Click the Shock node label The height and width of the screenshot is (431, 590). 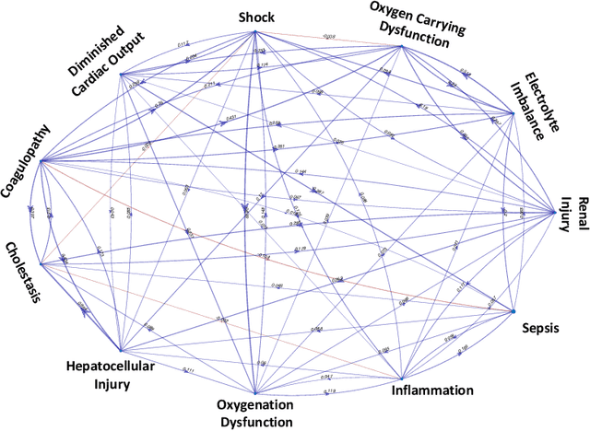coord(255,17)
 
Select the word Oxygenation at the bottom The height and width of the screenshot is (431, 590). coord(254,404)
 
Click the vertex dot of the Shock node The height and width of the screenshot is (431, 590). coord(254,32)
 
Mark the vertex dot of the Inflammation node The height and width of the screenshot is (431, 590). coord(402,378)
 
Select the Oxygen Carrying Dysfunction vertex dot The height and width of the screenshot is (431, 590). coord(399,46)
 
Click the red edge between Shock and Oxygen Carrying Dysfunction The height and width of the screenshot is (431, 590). coord(327,39)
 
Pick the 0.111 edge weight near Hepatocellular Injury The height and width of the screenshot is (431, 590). coord(188,370)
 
